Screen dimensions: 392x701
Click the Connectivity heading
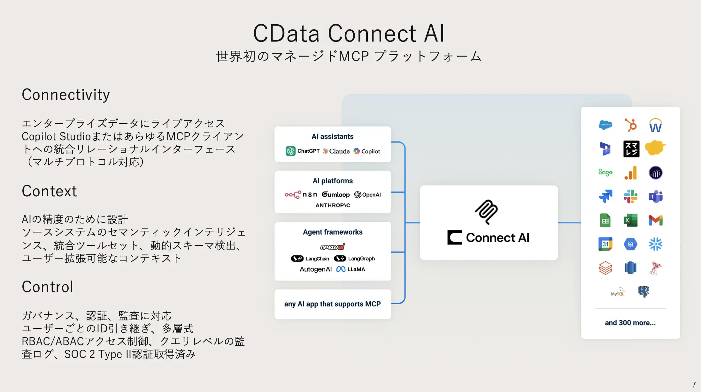click(66, 95)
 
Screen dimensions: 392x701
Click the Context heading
click(49, 191)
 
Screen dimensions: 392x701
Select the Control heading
click(48, 287)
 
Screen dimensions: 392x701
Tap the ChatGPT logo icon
click(290, 151)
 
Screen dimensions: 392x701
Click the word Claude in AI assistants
click(339, 151)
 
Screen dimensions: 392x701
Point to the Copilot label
click(371, 151)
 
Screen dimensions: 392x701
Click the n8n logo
click(301, 194)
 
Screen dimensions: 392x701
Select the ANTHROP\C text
click(333, 205)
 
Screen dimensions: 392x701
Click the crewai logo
click(333, 246)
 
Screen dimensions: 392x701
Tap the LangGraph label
click(361, 259)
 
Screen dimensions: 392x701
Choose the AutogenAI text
click(316, 269)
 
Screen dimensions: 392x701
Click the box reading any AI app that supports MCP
click(333, 304)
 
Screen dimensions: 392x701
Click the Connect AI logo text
click(497, 237)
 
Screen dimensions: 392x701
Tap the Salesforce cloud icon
click(605, 125)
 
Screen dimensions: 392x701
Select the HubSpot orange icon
click(630, 125)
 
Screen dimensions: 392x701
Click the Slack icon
click(630, 196)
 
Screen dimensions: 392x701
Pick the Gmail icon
click(655, 220)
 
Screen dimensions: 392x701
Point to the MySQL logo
click(617, 292)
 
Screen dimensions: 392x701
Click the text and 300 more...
click(630, 323)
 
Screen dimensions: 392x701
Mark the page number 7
click(694, 384)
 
